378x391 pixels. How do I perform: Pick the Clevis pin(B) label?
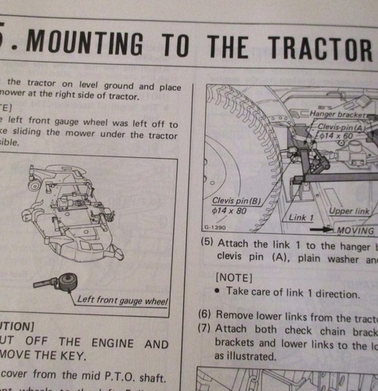(x=237, y=201)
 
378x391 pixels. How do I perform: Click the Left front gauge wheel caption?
(x=124, y=299)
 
